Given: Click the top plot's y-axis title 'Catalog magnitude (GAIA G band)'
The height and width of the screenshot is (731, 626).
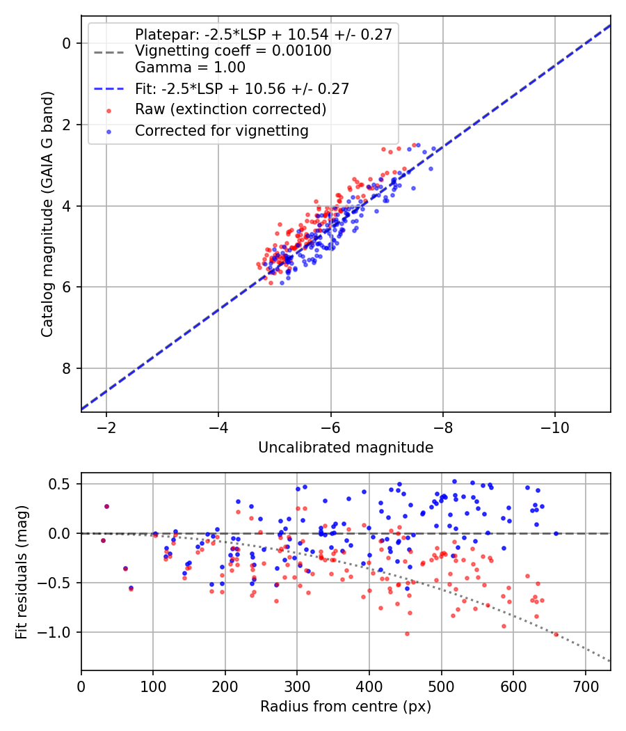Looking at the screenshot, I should coord(47,213).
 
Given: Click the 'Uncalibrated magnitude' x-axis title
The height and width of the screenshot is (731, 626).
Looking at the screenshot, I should coord(346,448).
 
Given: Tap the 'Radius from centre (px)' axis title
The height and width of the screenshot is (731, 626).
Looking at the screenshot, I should coord(346,707).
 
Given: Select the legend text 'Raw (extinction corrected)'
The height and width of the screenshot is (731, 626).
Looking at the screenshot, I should coord(231,109).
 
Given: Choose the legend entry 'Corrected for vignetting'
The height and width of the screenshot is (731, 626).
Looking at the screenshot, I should coord(222,130).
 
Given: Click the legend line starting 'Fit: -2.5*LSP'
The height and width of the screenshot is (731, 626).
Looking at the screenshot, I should coord(242,88).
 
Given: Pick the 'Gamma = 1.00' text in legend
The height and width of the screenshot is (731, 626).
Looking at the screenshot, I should coord(190,68).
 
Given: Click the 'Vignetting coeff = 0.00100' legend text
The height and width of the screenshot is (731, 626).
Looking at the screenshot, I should coord(233,51).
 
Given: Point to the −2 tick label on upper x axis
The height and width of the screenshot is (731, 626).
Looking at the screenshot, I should coord(106,425).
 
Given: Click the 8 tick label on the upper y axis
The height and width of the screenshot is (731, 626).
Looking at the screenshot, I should coord(67,368).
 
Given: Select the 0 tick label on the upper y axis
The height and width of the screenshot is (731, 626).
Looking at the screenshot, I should coord(67,43).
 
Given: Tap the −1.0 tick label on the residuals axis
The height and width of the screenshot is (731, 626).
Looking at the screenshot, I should coord(57,632).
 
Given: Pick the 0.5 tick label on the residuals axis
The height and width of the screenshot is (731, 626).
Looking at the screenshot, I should coord(61,484).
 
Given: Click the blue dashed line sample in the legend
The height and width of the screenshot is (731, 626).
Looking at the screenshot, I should coord(109,88).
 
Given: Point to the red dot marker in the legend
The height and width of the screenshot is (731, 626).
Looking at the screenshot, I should coord(109,110).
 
